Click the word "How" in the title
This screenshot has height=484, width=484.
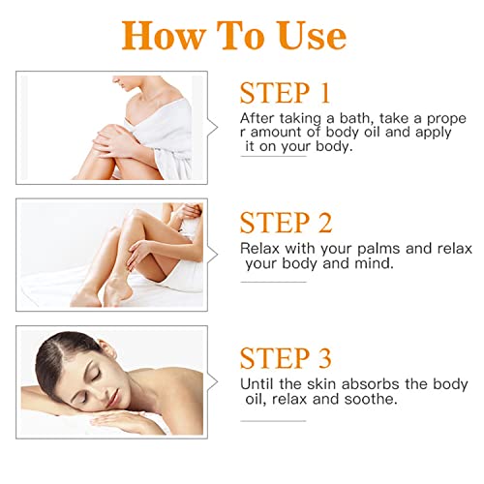click(x=164, y=35)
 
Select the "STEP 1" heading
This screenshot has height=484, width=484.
click(x=285, y=93)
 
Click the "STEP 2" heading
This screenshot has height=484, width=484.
click(x=286, y=223)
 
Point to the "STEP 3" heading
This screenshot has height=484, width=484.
click(x=286, y=358)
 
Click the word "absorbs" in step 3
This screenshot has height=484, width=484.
click(x=370, y=384)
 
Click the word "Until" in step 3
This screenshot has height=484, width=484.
click(x=257, y=384)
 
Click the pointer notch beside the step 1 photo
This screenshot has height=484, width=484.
click(x=213, y=128)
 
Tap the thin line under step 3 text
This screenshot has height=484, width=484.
click(x=273, y=421)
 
